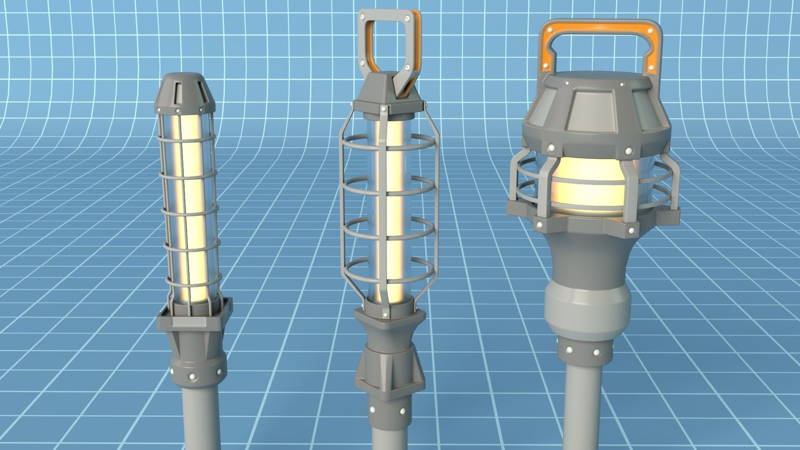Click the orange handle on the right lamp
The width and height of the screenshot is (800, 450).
tap(600, 33)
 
